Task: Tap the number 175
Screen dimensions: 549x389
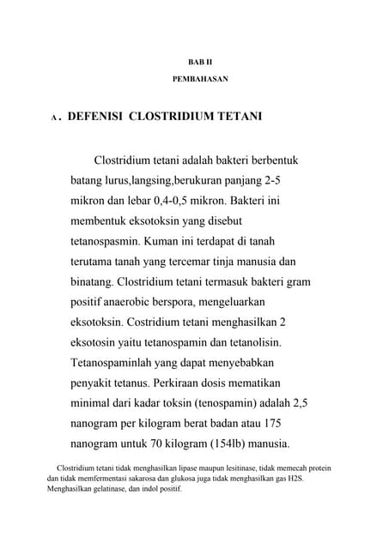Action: pos(271,424)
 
